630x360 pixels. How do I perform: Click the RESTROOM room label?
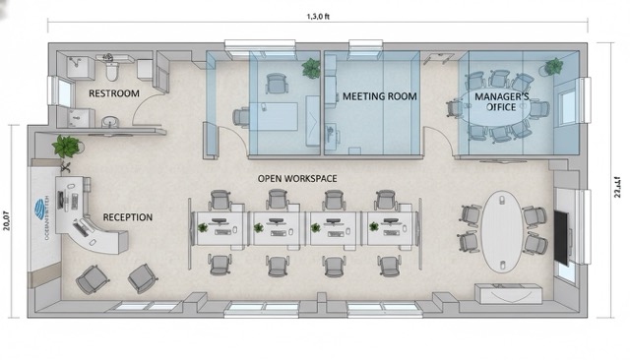tap(114, 92)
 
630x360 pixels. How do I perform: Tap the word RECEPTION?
tap(128, 216)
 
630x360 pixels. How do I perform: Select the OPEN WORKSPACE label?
tap(297, 178)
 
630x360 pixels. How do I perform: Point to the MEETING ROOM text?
tap(380, 96)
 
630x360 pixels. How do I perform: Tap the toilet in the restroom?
tap(111, 72)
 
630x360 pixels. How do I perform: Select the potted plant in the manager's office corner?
tap(554, 67)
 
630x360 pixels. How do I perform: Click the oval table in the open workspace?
tap(503, 229)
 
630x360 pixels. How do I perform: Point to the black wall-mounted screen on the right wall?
tap(560, 237)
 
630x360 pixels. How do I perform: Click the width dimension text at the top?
tap(318, 17)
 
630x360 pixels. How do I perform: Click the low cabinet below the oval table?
tap(508, 293)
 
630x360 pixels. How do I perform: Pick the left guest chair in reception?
tap(93, 279)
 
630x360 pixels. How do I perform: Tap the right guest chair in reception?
tap(143, 277)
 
